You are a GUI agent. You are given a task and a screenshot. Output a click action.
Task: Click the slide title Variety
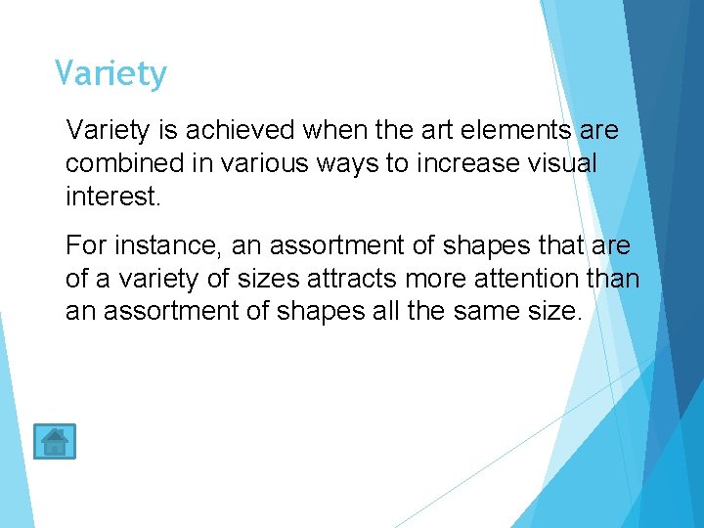click(x=110, y=74)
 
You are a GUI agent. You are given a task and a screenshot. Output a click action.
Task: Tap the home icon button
click(x=54, y=442)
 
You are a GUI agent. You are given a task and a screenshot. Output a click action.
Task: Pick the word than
click(x=612, y=279)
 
